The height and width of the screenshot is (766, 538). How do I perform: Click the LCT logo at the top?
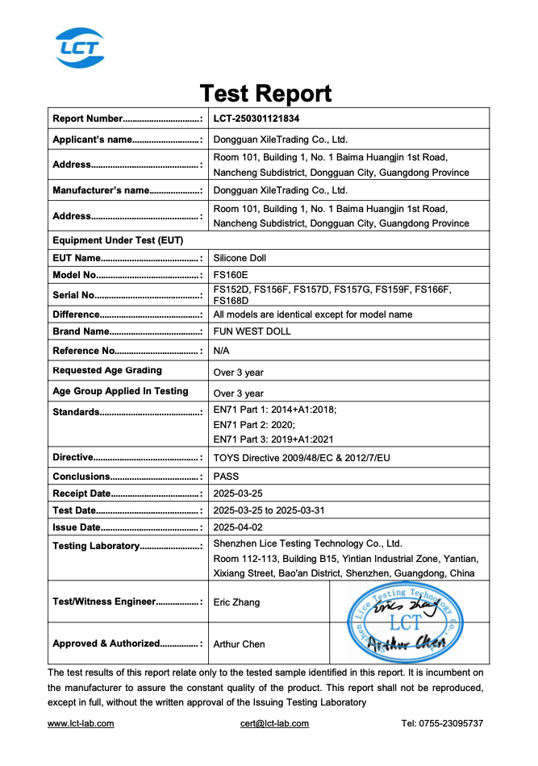pyautogui.click(x=79, y=47)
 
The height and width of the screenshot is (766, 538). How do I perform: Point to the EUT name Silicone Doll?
pyautogui.click(x=240, y=258)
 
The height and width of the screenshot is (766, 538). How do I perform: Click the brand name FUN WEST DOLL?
pyautogui.click(x=252, y=331)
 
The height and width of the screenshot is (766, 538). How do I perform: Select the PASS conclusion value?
pyautogui.click(x=226, y=476)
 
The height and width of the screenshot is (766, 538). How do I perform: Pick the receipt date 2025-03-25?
pyautogui.click(x=239, y=493)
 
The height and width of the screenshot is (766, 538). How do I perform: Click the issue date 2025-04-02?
pyautogui.click(x=239, y=527)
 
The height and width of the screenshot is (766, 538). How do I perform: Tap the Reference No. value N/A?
pyautogui.click(x=222, y=351)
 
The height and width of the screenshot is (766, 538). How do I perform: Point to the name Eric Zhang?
pyautogui.click(x=236, y=602)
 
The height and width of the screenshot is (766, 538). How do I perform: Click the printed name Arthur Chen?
pyautogui.click(x=239, y=643)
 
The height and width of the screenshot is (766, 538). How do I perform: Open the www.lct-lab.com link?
pyautogui.click(x=81, y=723)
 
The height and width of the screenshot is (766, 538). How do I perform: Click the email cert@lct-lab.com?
pyautogui.click(x=274, y=723)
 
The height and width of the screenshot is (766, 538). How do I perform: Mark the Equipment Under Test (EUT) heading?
pyautogui.click(x=118, y=240)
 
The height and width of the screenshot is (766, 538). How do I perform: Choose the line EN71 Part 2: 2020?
pyautogui.click(x=254, y=424)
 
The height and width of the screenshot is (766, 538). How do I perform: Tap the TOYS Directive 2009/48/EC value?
pyautogui.click(x=301, y=457)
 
